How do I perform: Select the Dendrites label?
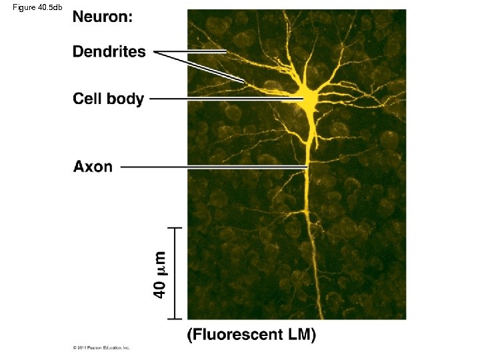point(109,51)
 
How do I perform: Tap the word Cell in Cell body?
point(88,99)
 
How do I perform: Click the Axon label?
point(93,166)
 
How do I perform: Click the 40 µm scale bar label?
point(160,274)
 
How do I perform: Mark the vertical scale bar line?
point(175,273)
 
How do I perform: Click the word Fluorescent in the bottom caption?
point(237,335)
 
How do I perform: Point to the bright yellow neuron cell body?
point(309,99)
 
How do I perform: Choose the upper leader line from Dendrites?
point(193,51)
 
